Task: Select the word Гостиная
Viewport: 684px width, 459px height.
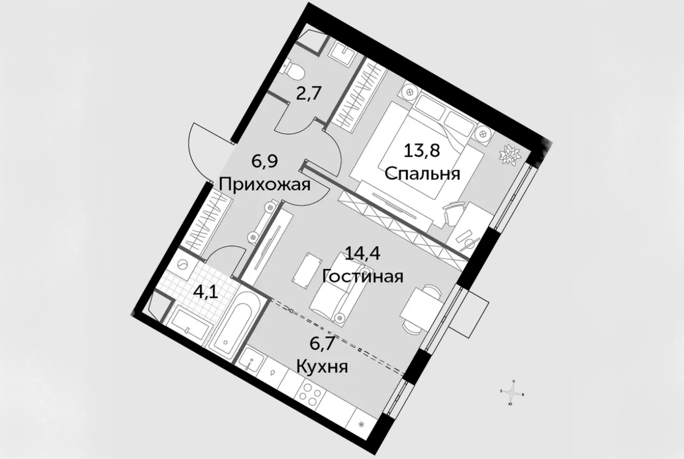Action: (x=363, y=276)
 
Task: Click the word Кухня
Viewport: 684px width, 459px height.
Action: (x=321, y=366)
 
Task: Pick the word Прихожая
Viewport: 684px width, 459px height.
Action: (x=264, y=184)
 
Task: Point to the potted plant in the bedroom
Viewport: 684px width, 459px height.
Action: (x=508, y=155)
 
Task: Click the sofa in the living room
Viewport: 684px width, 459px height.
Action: (x=336, y=292)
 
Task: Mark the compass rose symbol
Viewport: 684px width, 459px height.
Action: (x=514, y=392)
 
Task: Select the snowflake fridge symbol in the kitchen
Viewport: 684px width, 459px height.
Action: (x=361, y=424)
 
